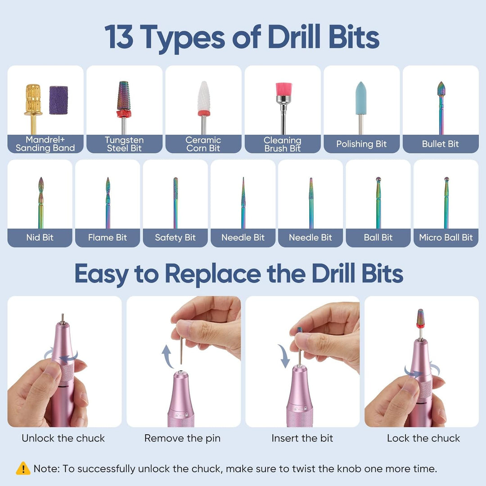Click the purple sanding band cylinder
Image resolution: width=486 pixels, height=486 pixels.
point(58,100)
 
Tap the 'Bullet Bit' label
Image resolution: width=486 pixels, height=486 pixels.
point(440,144)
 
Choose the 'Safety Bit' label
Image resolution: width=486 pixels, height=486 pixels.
point(175,238)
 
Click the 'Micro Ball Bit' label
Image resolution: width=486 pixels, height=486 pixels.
point(445,238)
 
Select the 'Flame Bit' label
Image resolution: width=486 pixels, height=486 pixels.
point(107,238)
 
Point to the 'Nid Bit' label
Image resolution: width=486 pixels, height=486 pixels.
point(40,238)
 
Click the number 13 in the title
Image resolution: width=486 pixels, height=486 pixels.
point(119,37)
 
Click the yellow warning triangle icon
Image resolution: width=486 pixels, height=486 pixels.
point(23,468)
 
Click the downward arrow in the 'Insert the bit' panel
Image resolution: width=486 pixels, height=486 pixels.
point(284,356)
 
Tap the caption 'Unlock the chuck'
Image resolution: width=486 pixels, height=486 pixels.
point(63,438)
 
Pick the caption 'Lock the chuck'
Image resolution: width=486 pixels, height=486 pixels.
point(423,438)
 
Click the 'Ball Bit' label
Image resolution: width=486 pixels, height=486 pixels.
point(378,238)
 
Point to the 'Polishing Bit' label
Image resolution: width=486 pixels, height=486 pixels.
point(361,144)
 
